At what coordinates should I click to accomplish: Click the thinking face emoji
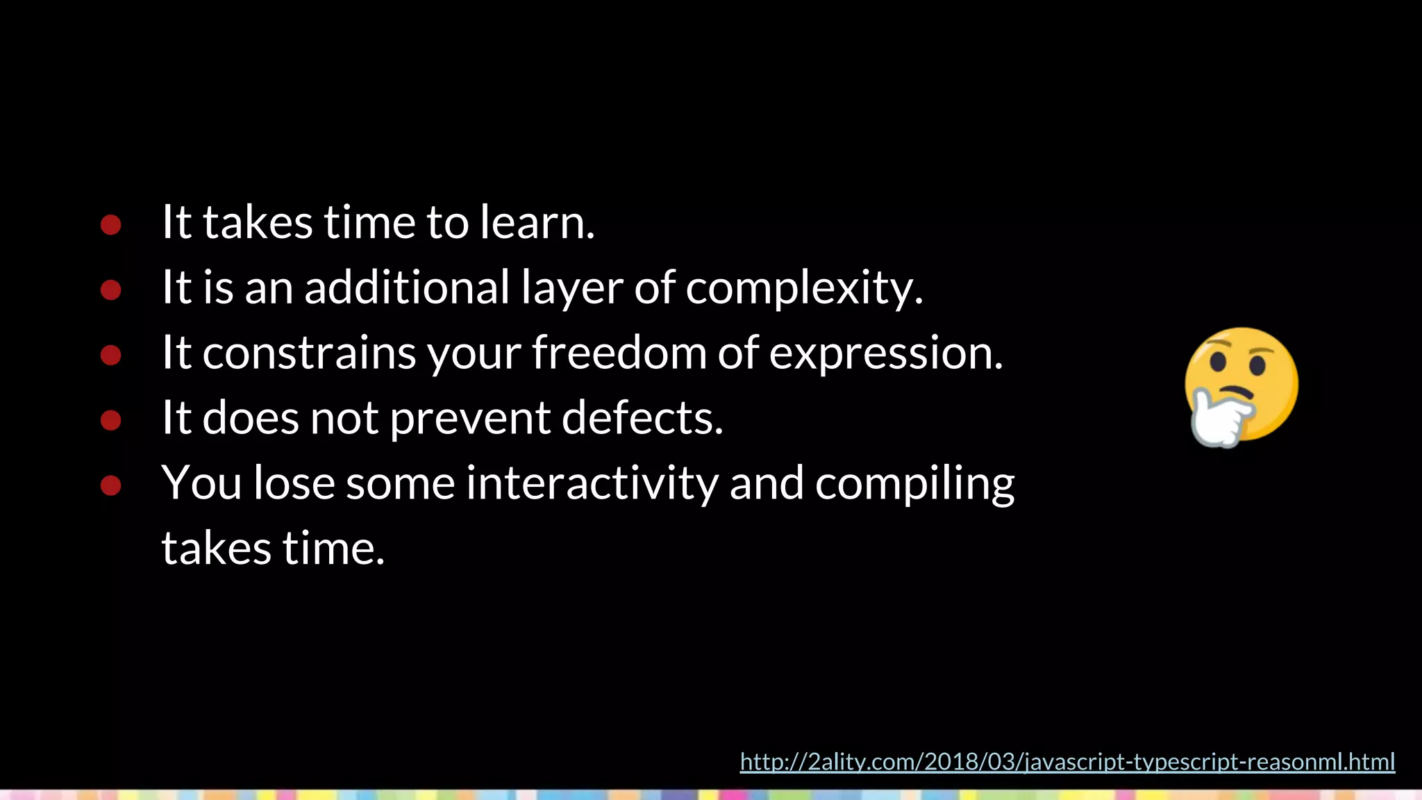click(x=1241, y=385)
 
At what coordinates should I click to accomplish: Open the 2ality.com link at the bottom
click(x=1067, y=762)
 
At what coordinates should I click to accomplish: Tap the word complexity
click(x=804, y=287)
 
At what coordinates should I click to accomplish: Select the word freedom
click(x=619, y=352)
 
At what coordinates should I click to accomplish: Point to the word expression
click(x=885, y=353)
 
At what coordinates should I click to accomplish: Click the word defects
click(x=642, y=417)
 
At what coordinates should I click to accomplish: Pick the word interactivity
click(x=592, y=483)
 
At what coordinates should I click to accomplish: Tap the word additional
click(x=408, y=287)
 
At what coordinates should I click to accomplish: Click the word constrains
click(x=309, y=353)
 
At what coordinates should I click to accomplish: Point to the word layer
click(x=571, y=288)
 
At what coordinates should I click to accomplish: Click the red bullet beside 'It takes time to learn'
click(x=111, y=224)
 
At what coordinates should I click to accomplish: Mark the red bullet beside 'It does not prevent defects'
click(x=111, y=419)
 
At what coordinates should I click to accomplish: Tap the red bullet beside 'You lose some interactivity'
click(x=111, y=485)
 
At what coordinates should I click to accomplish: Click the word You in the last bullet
click(x=201, y=483)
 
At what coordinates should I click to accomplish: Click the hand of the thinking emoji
click(x=1217, y=419)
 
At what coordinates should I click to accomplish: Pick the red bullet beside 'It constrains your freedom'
click(x=111, y=355)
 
